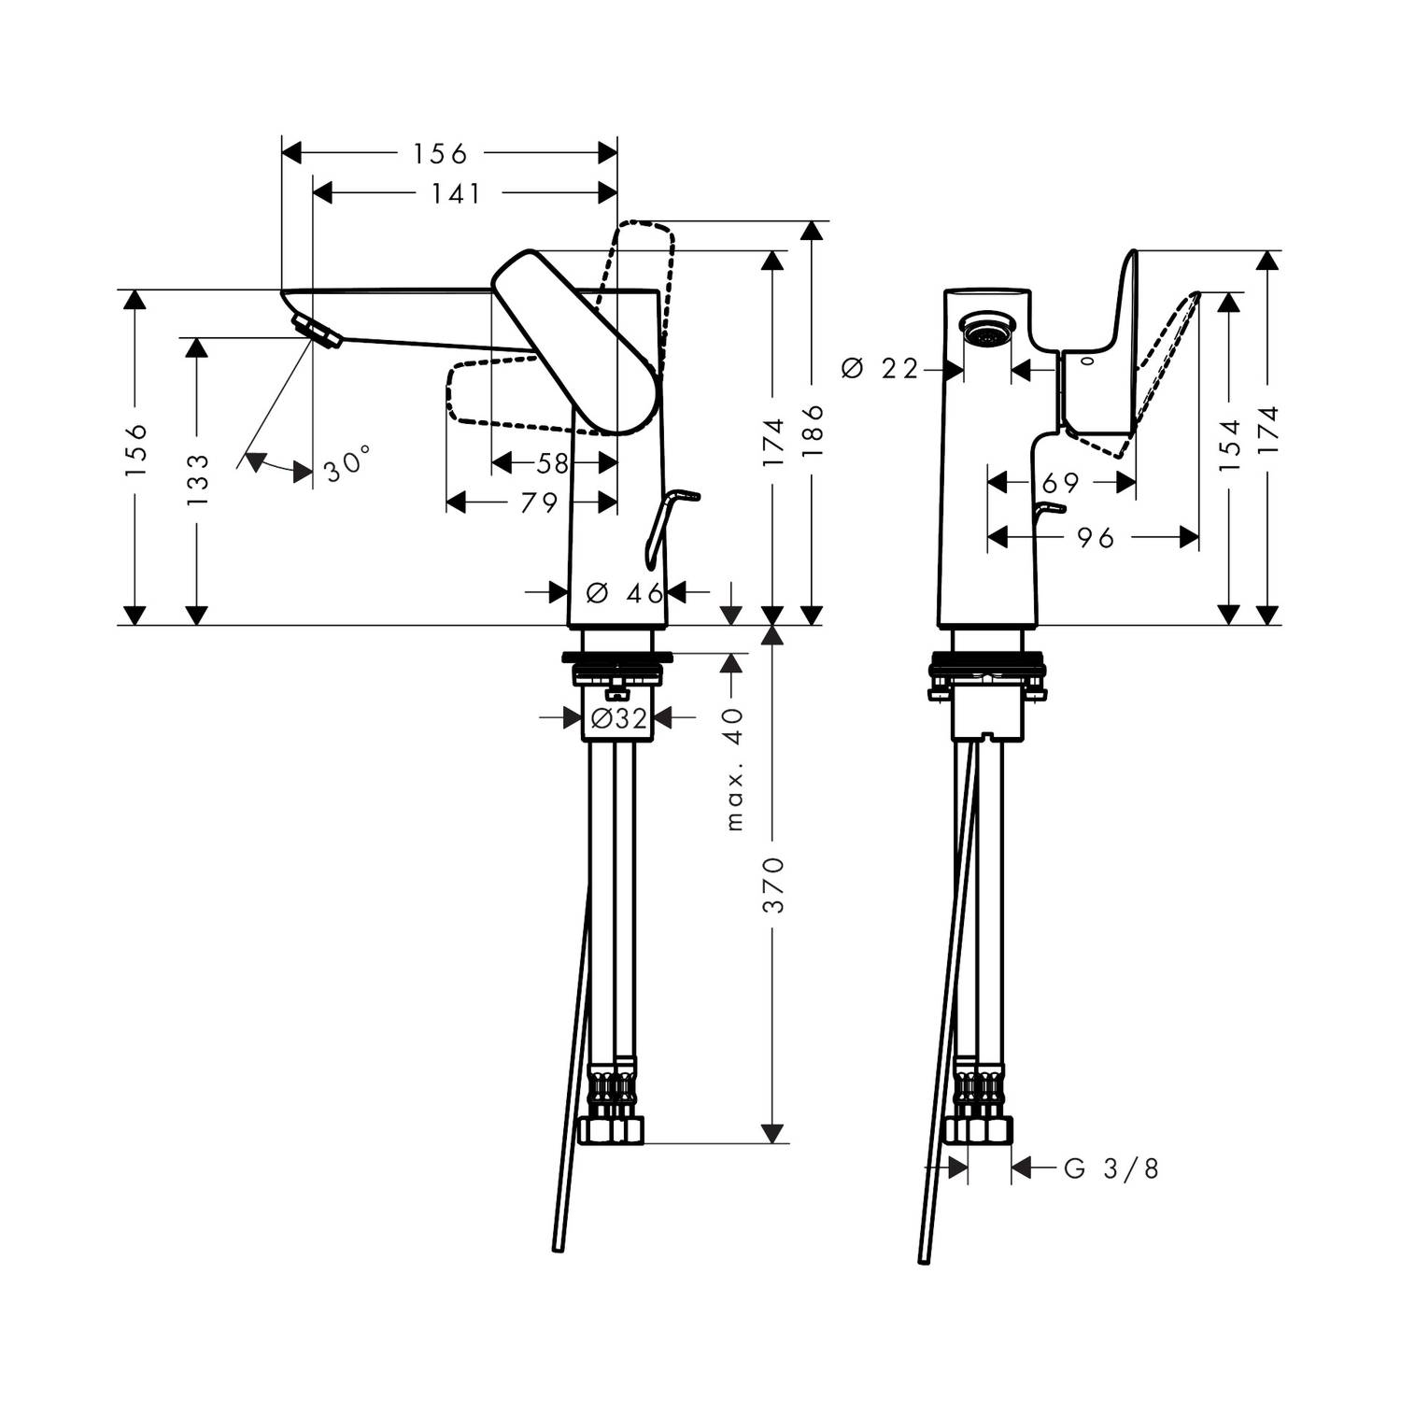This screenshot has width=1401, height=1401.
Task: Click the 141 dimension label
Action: [x=457, y=193]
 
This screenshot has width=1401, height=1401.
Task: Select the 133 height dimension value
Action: [x=197, y=480]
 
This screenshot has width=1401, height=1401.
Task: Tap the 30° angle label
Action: [x=348, y=463]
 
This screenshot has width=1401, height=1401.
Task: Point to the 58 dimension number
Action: [x=553, y=462]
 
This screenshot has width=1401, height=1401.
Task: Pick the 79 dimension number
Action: [x=540, y=503]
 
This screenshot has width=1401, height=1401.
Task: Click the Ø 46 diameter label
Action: [x=625, y=592]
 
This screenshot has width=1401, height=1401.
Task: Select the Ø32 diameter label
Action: [x=619, y=717]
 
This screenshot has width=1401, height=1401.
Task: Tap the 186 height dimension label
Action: [x=813, y=430]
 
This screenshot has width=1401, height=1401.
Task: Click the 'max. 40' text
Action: [x=735, y=769]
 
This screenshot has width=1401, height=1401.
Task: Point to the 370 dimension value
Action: [x=774, y=884]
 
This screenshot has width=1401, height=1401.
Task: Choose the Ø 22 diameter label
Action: [x=881, y=370]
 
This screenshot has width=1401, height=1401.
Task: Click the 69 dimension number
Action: [x=1060, y=483]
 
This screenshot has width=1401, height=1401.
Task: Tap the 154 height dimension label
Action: [x=1230, y=446]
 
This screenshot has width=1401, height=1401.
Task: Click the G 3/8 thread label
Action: [x=1111, y=1168]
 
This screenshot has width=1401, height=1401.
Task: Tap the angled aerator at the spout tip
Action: [x=317, y=332]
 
